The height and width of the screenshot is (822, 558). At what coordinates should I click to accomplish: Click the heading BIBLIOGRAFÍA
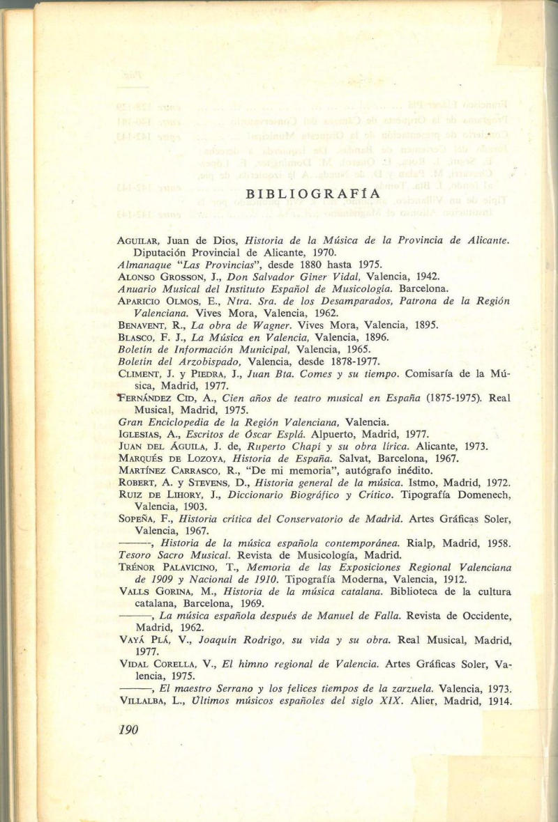click(x=312, y=194)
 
